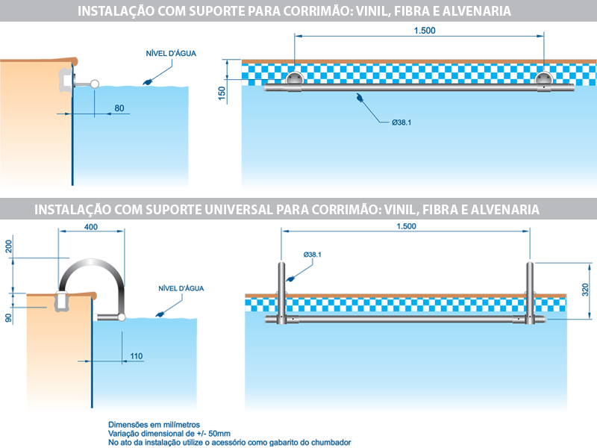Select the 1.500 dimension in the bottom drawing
coord(406,226)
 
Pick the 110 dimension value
coord(136,356)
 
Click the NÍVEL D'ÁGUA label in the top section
coord(166,53)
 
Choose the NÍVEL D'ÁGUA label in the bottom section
coord(181,288)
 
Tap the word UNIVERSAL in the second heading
coord(235,210)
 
